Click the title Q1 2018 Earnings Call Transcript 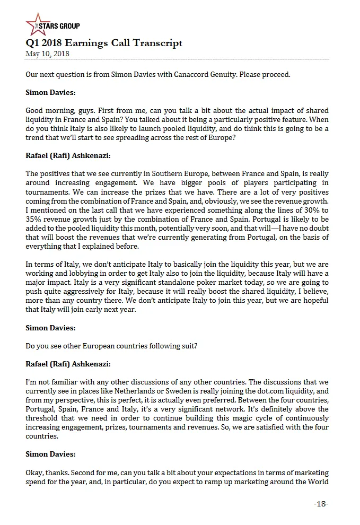104,43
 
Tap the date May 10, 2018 47,54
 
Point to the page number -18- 321,503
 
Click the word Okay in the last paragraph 35,472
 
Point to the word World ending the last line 318,481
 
